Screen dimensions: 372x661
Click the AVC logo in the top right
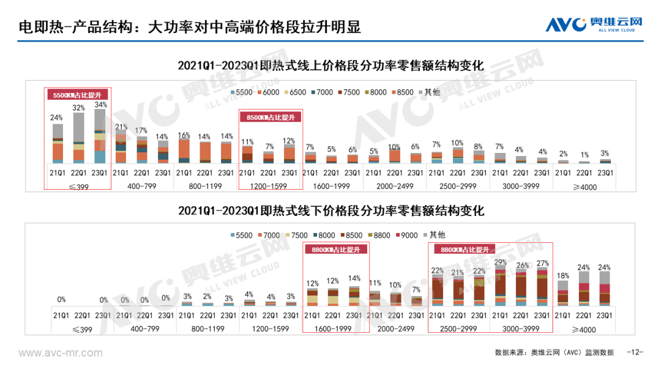coord(594,24)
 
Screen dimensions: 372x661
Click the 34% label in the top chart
coord(100,105)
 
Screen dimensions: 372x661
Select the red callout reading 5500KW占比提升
coord(78,95)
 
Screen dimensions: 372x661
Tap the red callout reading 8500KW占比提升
coord(271,116)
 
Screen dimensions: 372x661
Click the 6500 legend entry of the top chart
coord(294,92)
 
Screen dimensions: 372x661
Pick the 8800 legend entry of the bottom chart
coord(379,234)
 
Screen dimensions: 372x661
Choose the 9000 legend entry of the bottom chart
coord(408,234)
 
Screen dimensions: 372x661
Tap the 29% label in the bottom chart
coord(501,262)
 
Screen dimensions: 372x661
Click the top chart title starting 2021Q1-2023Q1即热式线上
coord(330,65)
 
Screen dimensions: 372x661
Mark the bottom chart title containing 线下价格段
coord(330,210)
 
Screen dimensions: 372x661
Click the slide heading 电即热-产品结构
coord(189,26)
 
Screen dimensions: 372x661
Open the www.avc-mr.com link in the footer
coord(61,353)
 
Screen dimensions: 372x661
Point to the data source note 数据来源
coord(554,352)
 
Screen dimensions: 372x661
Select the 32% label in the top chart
coord(79,108)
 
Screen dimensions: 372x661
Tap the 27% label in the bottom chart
coord(542,264)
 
